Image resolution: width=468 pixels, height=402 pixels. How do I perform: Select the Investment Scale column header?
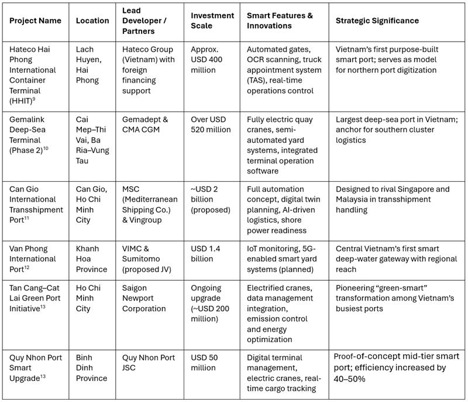tap(212, 21)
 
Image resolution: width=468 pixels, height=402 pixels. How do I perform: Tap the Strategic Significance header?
tap(377, 21)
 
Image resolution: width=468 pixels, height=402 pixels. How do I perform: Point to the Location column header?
tap(92, 21)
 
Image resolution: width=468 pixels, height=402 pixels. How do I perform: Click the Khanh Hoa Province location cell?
tap(92, 259)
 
